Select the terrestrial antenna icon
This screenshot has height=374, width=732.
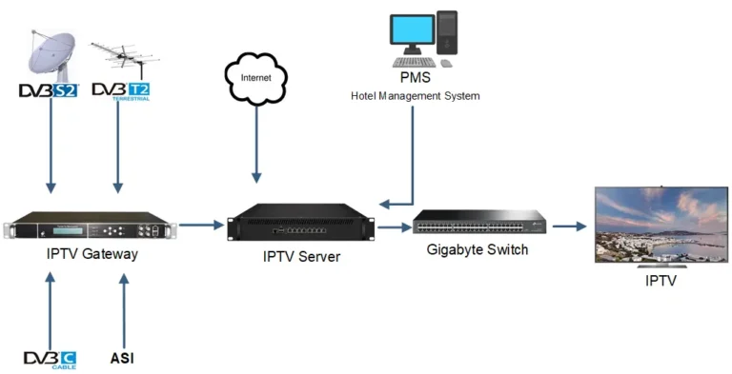(119, 57)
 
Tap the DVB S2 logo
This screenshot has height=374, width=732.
(48, 91)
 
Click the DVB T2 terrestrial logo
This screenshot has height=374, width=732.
(120, 92)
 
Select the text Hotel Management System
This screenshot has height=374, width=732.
(415, 95)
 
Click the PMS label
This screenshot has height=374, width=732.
(414, 78)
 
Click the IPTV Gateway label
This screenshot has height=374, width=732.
(91, 254)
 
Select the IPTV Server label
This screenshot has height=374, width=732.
(300, 257)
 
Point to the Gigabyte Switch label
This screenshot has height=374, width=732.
(478, 250)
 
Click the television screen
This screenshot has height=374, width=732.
(661, 224)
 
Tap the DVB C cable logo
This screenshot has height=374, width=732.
(50, 359)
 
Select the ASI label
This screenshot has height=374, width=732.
(121, 359)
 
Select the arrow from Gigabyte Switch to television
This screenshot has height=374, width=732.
(569, 226)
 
